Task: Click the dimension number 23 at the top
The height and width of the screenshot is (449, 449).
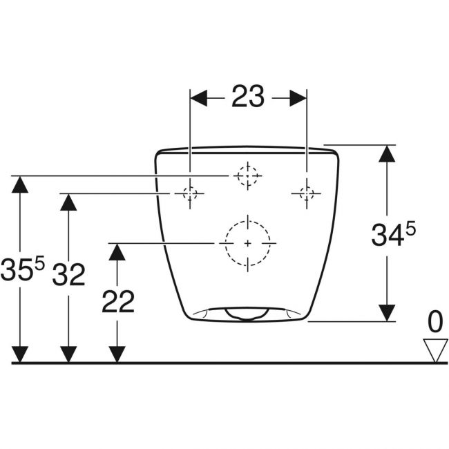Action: [248, 97]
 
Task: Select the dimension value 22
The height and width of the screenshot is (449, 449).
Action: [118, 301]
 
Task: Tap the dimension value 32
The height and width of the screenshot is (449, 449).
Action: [68, 274]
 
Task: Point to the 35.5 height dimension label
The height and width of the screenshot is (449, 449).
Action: [23, 269]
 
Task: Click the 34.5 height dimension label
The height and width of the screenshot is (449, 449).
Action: [394, 236]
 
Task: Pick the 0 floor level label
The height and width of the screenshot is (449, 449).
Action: [435, 322]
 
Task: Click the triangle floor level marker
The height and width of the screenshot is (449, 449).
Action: [436, 351]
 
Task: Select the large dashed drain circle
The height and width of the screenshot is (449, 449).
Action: [248, 243]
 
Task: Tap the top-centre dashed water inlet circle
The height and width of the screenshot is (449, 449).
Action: [248, 175]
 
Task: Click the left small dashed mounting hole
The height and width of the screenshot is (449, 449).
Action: [190, 193]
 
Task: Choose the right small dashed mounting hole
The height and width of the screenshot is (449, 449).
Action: [307, 193]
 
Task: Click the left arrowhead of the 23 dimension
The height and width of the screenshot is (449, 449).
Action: [199, 98]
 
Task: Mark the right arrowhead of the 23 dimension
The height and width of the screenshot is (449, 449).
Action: [298, 98]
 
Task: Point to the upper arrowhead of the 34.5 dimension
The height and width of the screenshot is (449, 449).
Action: [387, 154]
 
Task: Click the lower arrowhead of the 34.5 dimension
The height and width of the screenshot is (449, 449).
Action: [387, 313]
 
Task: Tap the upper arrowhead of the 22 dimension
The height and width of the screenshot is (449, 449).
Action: [117, 252]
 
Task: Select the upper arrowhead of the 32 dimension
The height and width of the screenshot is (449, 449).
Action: [68, 202]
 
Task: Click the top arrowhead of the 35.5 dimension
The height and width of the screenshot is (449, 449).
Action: [20, 184]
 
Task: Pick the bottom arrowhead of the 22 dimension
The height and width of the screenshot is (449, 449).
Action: [117, 354]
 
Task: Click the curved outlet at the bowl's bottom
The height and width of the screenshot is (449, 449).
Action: [247, 314]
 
